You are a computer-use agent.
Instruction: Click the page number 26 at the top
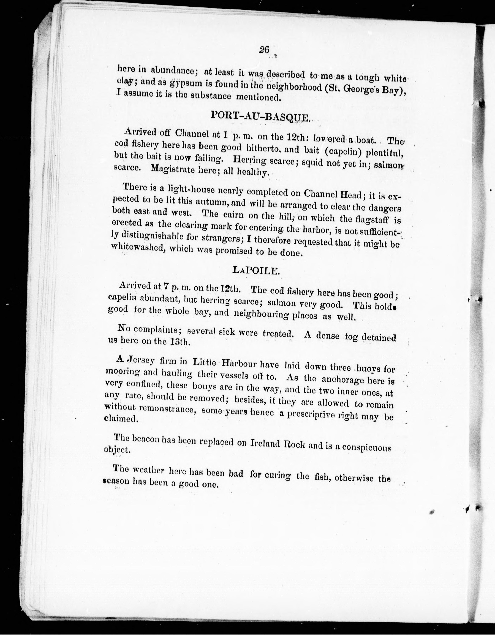[x=265, y=50]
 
